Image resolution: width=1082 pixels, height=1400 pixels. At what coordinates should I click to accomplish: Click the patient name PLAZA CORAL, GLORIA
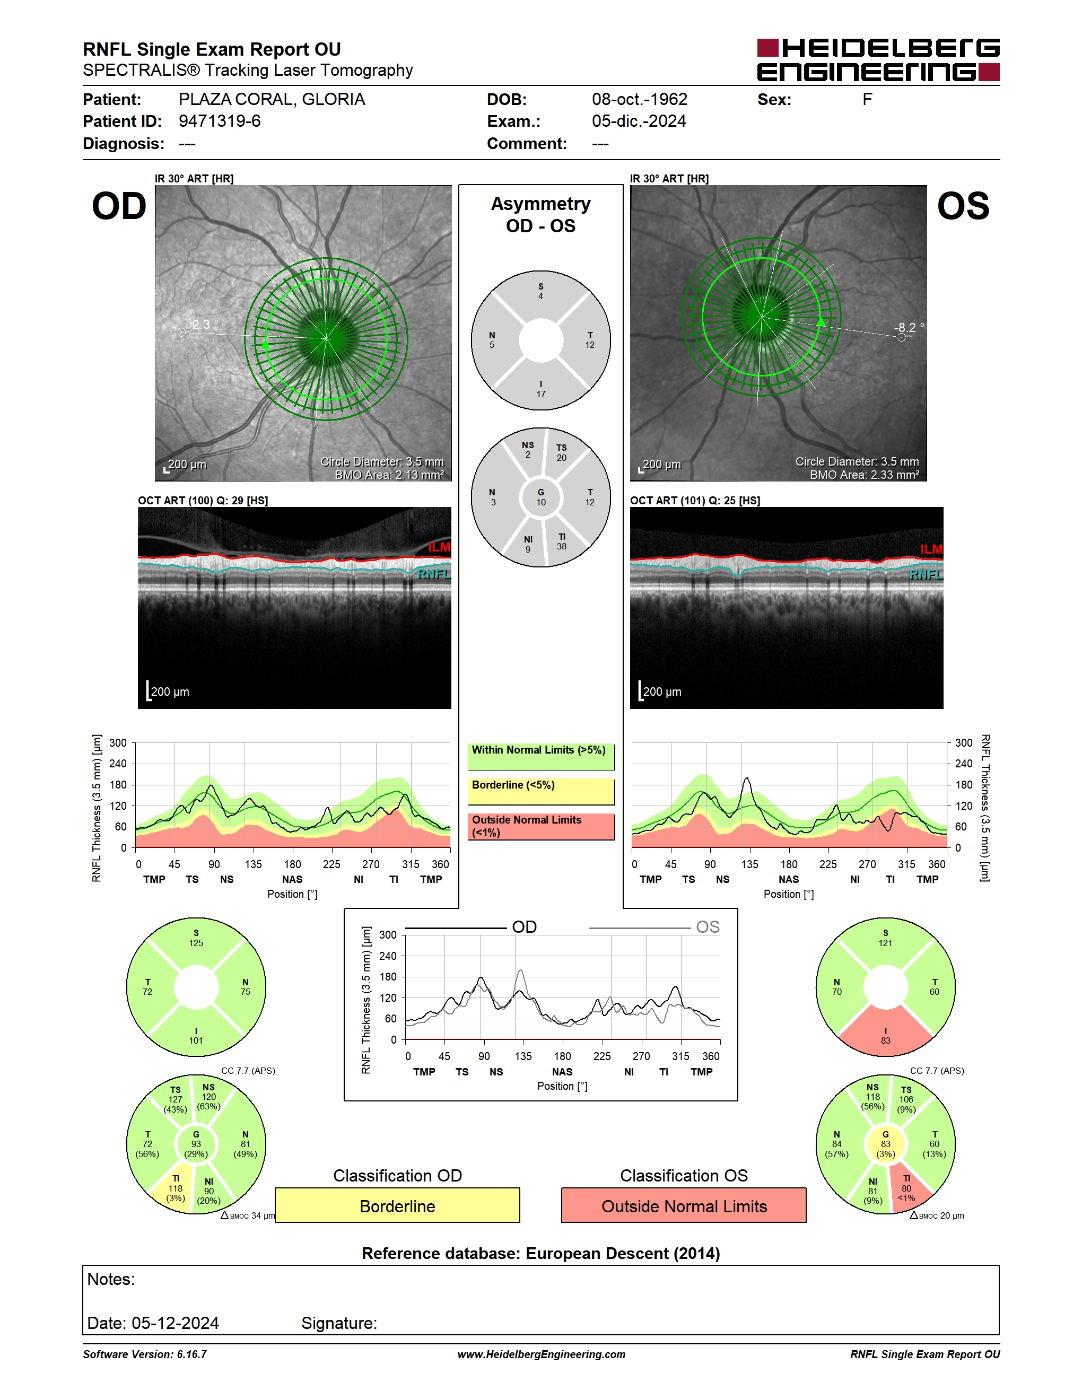coord(272,99)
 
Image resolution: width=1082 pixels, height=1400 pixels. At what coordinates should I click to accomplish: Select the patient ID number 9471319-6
coord(219,121)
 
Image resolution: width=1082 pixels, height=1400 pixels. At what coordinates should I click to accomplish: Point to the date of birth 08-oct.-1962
coord(639,99)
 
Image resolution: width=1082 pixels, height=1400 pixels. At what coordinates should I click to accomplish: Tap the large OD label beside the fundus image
coord(119,206)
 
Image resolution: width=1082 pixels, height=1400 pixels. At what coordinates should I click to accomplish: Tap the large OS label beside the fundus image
coord(963,206)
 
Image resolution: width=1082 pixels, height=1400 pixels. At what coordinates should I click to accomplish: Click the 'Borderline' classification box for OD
coord(397,1205)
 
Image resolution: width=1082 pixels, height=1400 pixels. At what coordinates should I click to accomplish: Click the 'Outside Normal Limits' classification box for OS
coord(684,1205)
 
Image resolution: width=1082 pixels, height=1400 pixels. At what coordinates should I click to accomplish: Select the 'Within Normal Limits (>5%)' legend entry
coord(541,756)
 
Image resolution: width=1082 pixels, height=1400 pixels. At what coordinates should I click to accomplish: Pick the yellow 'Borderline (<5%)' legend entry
coord(541,792)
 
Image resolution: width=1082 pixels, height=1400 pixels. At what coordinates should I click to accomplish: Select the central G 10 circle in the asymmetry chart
coord(541,497)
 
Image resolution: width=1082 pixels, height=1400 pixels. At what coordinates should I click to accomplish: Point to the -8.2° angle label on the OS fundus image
coord(909,328)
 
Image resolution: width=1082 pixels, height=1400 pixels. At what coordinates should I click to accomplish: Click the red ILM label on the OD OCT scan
coord(439,547)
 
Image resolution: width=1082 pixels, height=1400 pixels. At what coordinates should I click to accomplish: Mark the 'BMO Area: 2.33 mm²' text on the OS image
coord(864,475)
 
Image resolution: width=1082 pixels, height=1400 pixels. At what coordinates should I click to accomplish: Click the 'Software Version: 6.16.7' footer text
coord(145,1354)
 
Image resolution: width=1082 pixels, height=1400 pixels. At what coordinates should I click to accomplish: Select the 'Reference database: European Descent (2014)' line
coord(541,1253)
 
